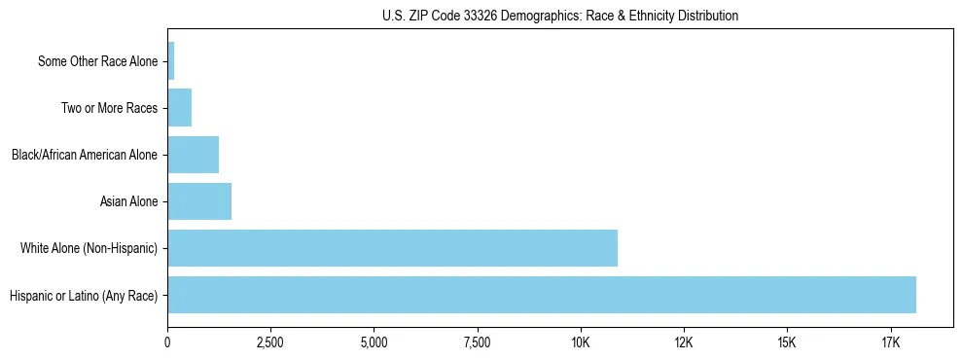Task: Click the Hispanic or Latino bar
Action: tap(542, 295)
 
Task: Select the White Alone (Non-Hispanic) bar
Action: tap(392, 248)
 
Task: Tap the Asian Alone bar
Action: tap(199, 201)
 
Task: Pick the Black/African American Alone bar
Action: tap(193, 155)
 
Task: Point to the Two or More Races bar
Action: tap(180, 108)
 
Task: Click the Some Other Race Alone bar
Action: tap(171, 61)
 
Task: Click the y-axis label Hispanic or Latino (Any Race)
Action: tap(84, 295)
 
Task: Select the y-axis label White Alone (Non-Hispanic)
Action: tap(89, 248)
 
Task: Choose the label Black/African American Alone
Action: tap(85, 155)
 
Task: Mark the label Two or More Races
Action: tap(109, 108)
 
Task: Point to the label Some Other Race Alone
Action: tap(97, 61)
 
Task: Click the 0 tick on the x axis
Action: tap(167, 343)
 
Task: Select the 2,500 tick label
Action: tap(270, 343)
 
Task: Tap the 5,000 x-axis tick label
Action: tap(374, 343)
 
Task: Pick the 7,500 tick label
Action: tap(478, 343)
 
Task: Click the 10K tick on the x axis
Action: tap(581, 343)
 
